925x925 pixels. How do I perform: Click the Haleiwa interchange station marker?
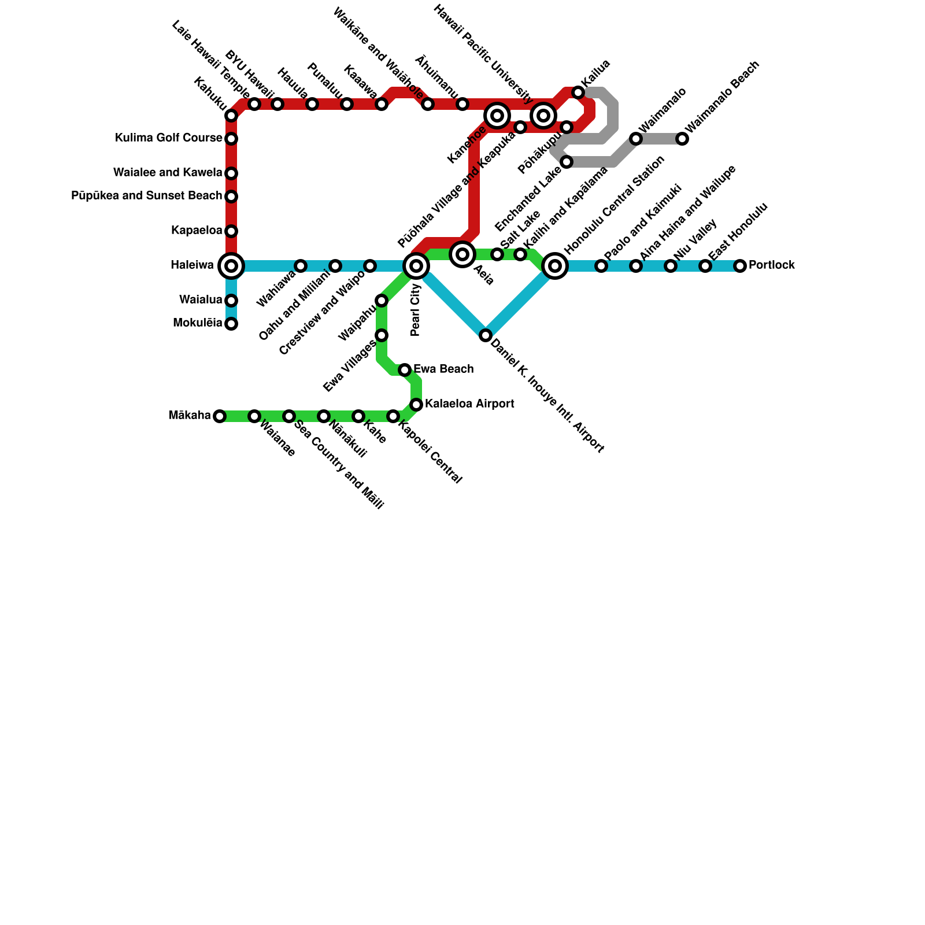(231, 266)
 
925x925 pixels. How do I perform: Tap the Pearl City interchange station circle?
(416, 266)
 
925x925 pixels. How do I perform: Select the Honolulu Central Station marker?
(555, 266)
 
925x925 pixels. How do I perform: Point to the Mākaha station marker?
(220, 416)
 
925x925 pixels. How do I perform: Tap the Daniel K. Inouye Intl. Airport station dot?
(486, 335)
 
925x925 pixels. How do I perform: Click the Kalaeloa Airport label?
(469, 404)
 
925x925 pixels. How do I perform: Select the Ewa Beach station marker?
(405, 370)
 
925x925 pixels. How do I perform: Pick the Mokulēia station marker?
(231, 324)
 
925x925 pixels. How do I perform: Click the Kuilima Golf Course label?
(168, 138)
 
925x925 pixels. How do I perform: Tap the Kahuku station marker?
(231, 116)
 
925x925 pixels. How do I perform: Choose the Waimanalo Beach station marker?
(682, 139)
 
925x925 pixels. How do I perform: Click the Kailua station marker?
(578, 92)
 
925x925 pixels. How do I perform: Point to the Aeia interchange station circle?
(462, 254)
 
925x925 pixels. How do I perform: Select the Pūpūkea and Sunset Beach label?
(146, 196)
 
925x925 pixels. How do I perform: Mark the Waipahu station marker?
(382, 301)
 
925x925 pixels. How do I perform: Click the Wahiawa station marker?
(301, 266)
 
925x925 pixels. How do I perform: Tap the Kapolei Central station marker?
(393, 416)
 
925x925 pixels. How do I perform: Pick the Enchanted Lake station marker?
(567, 162)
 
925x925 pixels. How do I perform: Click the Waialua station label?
(200, 300)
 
